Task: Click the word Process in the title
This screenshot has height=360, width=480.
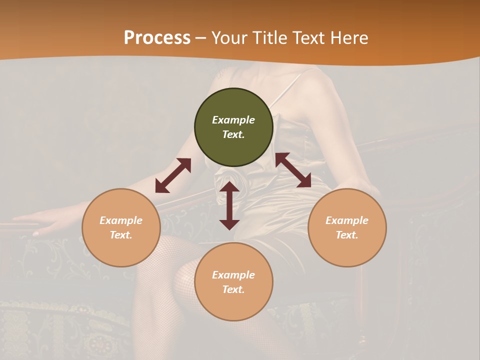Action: [157, 38]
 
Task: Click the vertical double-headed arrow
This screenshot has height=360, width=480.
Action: [229, 205]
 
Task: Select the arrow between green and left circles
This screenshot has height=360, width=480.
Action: [173, 175]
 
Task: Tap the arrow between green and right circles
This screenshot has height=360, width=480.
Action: [293, 170]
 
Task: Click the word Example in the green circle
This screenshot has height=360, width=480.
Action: [233, 120]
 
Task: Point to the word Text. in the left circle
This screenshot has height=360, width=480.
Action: [121, 235]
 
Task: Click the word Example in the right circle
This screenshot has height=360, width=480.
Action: [347, 220]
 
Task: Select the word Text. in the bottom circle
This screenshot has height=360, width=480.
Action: [233, 289]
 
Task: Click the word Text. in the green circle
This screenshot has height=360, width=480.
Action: [233, 134]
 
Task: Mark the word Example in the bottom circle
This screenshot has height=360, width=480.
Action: [233, 275]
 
